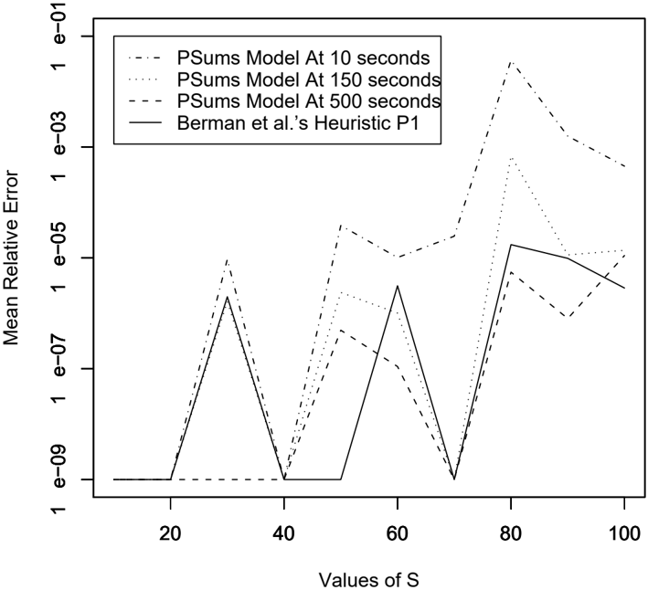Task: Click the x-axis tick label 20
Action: [x=170, y=534]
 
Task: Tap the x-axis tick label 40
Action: [x=284, y=534]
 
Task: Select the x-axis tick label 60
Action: [x=398, y=534]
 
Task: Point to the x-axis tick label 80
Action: [x=511, y=534]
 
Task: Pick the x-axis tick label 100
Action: [x=624, y=534]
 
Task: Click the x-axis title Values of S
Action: [x=369, y=580]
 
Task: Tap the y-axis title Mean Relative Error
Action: [x=11, y=258]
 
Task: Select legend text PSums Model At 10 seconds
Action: [x=303, y=58]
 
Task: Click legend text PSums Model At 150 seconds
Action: [x=308, y=79]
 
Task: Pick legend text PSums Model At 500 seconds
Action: [x=308, y=101]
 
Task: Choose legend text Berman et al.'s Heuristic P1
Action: [x=298, y=123]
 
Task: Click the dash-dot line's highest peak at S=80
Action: [x=511, y=61]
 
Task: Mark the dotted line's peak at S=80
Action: [x=511, y=158]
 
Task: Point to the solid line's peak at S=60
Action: [x=398, y=286]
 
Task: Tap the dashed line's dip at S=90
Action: [x=568, y=317]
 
